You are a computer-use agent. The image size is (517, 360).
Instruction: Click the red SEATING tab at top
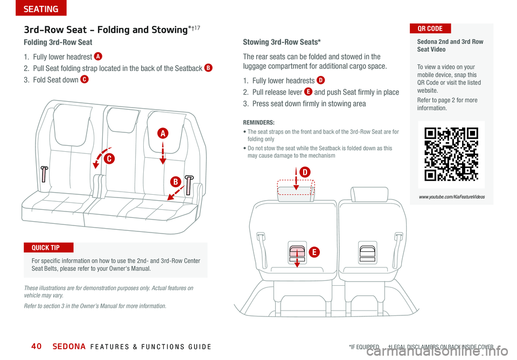[41, 8]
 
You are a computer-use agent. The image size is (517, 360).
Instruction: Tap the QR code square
[451, 154]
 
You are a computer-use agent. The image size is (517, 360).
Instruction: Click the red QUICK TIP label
[48, 248]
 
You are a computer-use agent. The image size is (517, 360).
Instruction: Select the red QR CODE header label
[430, 29]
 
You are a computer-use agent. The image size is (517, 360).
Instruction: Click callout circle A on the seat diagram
[163, 133]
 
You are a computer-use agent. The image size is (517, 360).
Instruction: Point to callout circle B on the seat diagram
[176, 182]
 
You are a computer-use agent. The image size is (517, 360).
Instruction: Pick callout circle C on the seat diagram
[109, 159]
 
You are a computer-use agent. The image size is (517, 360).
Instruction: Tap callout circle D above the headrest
[305, 172]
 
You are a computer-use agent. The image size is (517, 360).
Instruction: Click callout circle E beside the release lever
[314, 252]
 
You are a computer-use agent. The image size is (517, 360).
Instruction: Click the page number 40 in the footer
[36, 346]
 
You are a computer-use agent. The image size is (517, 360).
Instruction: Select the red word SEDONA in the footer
[69, 347]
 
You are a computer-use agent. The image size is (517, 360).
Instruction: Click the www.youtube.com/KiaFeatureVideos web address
[452, 197]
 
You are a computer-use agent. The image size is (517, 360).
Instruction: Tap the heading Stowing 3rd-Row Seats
[282, 42]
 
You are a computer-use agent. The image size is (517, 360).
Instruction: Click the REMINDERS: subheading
[258, 123]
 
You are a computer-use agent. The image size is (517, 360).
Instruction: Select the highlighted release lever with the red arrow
[297, 253]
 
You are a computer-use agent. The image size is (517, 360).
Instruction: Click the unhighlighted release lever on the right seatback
[367, 253]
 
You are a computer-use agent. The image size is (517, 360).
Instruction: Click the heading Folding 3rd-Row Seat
[58, 42]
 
